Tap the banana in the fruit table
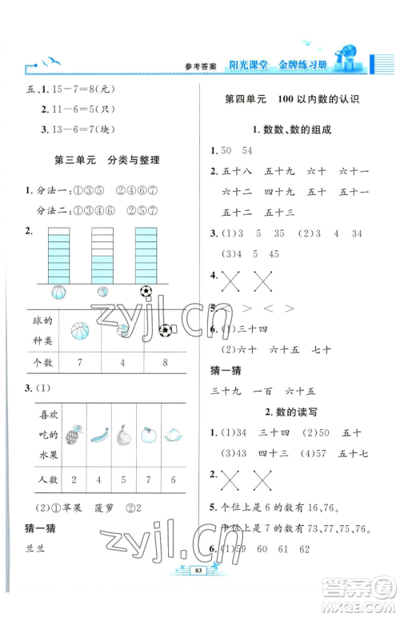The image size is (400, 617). (98, 436)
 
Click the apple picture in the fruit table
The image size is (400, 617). (147, 436)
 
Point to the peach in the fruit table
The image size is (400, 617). (172, 436)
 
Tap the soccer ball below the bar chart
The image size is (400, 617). (146, 293)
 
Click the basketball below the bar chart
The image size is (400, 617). (59, 293)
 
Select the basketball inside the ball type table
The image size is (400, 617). (79, 328)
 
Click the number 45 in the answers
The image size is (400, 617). (274, 254)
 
